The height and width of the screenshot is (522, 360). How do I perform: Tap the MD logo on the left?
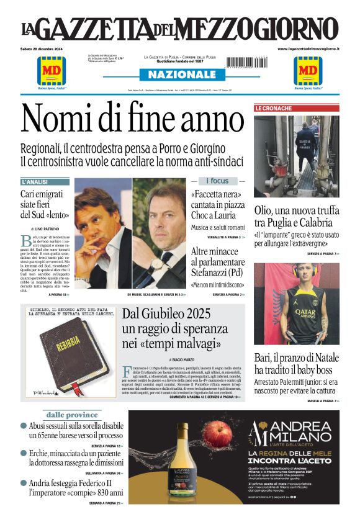point(52,70)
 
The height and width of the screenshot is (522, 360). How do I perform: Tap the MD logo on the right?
point(308,70)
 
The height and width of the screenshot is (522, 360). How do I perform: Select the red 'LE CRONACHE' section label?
point(273,109)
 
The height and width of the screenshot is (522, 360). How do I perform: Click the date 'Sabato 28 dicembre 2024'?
point(45,49)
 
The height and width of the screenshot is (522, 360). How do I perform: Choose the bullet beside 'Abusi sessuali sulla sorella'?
point(24,426)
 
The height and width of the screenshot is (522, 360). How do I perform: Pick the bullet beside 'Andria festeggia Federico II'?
point(24,483)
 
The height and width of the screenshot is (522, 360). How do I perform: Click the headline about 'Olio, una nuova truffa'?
point(297,215)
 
